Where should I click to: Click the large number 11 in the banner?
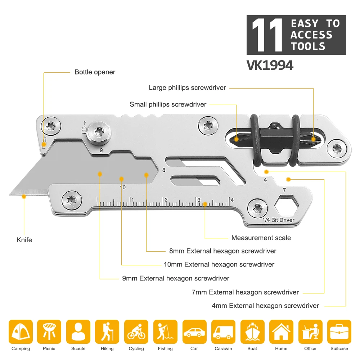coord(267,35)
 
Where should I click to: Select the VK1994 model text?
coord(270,66)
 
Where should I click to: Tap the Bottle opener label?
coord(95,72)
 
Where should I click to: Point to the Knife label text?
coord(24,240)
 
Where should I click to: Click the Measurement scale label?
coord(261,238)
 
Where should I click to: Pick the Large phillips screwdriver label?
coord(187,87)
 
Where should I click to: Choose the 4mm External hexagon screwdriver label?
coord(265,306)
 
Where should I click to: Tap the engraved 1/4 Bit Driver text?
coord(278,220)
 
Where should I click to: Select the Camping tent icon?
coord(21,332)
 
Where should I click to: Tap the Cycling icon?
coord(136,332)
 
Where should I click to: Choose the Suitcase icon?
coord(339,332)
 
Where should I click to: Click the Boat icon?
coord(252,332)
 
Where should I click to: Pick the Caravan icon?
coord(223,332)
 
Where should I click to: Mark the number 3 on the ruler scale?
coord(198,200)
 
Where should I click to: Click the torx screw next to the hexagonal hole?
coord(257,208)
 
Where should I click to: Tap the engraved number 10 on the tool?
coord(122,187)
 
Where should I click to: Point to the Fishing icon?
coord(165,332)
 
